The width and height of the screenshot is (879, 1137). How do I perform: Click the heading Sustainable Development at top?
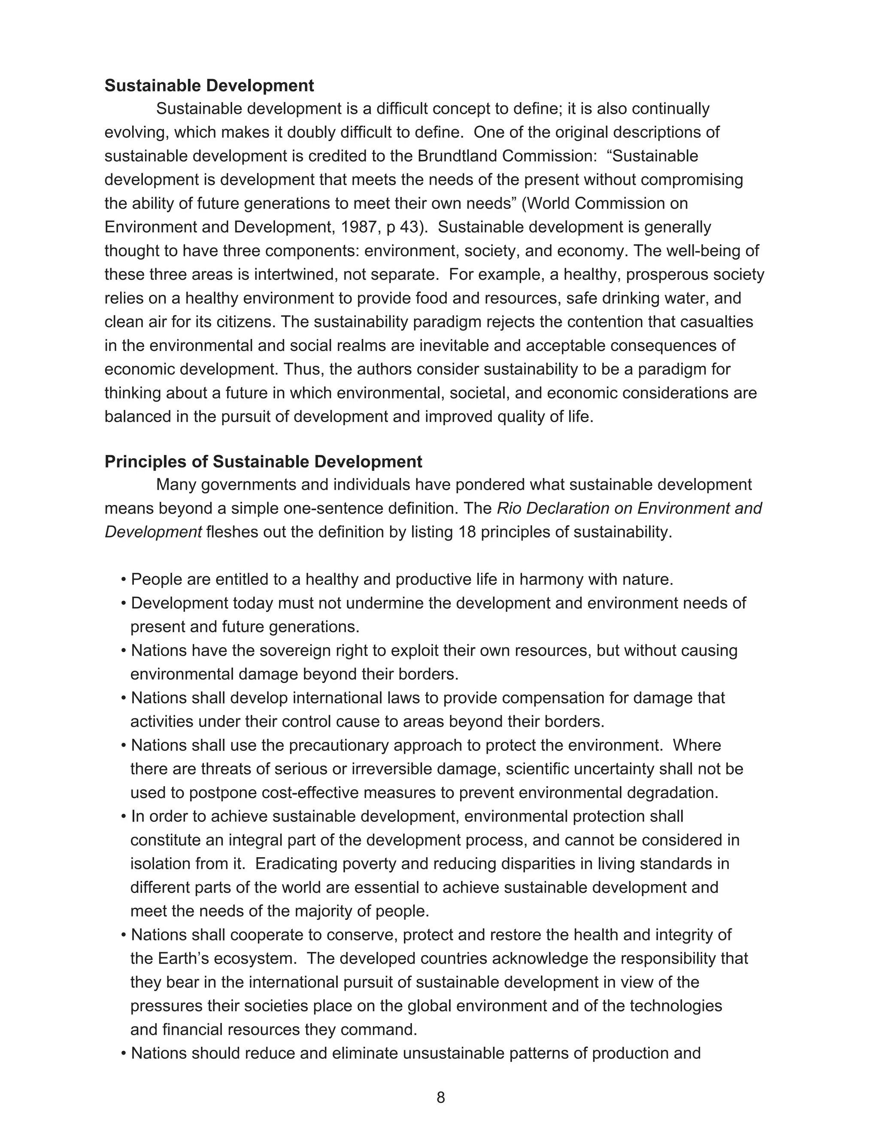(209, 86)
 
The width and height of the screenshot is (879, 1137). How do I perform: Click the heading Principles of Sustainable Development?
(263, 462)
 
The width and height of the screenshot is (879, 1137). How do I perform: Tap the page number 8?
(440, 1098)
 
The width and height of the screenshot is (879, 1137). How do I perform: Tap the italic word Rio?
(508, 508)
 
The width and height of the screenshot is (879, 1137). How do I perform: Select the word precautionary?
(339, 746)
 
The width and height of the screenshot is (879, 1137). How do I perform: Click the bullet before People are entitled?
(124, 580)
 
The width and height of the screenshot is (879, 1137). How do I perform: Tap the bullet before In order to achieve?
(124, 817)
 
